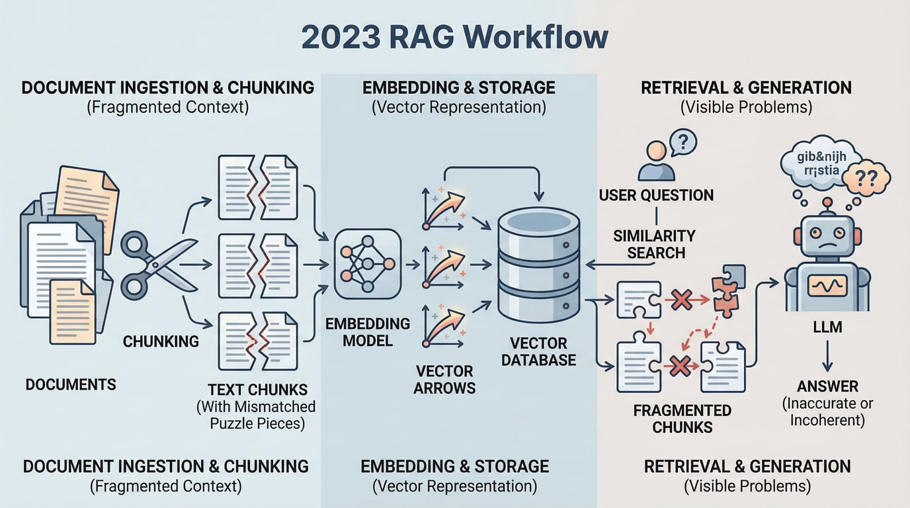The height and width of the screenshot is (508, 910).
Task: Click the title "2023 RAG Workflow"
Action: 454,37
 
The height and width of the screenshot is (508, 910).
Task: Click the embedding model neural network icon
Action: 367,264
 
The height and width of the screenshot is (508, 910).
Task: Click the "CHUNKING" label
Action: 161,341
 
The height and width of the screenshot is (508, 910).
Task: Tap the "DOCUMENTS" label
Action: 71,384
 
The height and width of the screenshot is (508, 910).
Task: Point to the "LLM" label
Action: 827,327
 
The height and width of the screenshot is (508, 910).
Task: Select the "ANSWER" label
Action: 827,386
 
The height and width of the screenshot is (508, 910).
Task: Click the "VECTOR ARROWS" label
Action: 444,379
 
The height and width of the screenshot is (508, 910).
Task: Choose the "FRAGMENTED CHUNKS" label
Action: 682,418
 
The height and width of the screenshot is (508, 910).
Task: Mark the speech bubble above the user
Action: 682,140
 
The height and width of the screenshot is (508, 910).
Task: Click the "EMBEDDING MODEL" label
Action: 368,332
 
